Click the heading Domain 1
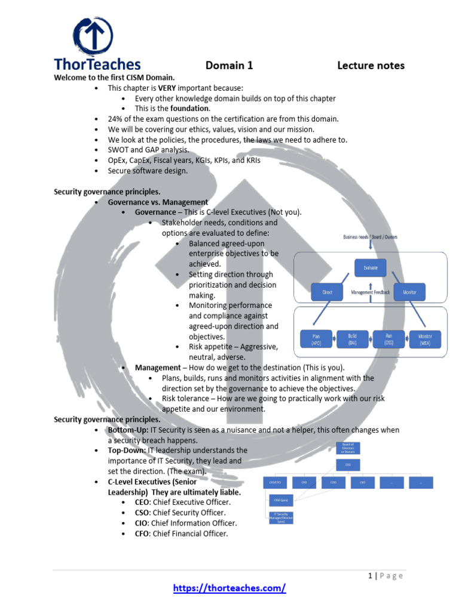pyautogui.click(x=229, y=66)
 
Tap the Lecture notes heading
pyautogui.click(x=371, y=66)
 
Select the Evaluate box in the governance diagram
pyautogui.click(x=371, y=267)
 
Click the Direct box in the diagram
pyautogui.click(x=327, y=292)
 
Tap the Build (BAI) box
pyautogui.click(x=352, y=340)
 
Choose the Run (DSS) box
pyautogui.click(x=387, y=340)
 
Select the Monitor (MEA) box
pyautogui.click(x=425, y=340)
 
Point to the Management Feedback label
pyautogui.click(x=371, y=292)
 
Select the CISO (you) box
pyautogui.click(x=280, y=500)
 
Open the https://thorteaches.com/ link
pyautogui.click(x=229, y=588)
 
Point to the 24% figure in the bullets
pyautogui.click(x=115, y=119)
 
